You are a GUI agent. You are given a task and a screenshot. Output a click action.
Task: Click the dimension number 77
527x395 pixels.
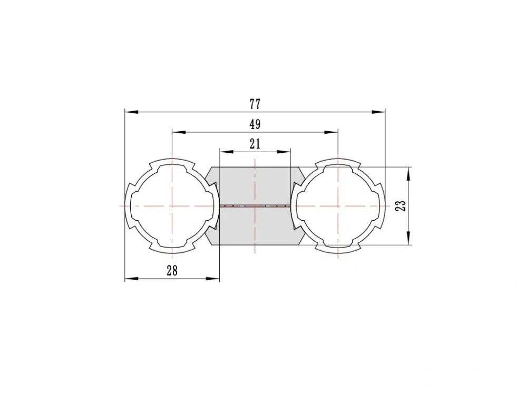[x=255, y=104]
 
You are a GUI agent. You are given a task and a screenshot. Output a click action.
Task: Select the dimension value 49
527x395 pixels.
[x=255, y=124]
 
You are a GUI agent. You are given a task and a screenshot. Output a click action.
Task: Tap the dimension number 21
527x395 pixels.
[x=255, y=144]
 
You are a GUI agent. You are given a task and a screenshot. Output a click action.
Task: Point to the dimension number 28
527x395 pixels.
[x=172, y=270]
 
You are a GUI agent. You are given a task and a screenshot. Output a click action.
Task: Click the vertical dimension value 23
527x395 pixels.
[x=401, y=205]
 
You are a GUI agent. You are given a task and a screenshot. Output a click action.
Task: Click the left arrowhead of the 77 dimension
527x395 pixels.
[x=131, y=112]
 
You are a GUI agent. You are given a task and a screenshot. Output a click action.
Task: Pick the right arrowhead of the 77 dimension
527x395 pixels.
[x=378, y=112]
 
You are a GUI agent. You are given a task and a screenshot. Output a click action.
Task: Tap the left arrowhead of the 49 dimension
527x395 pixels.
[x=179, y=132]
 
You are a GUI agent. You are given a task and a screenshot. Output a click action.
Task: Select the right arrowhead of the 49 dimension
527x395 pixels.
[x=331, y=132]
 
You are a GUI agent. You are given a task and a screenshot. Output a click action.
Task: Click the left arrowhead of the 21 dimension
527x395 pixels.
[x=227, y=152]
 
